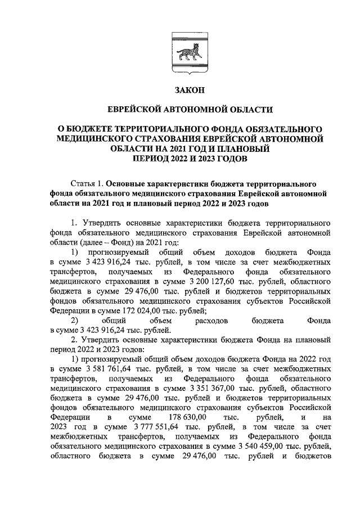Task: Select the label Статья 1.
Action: point(88,183)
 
